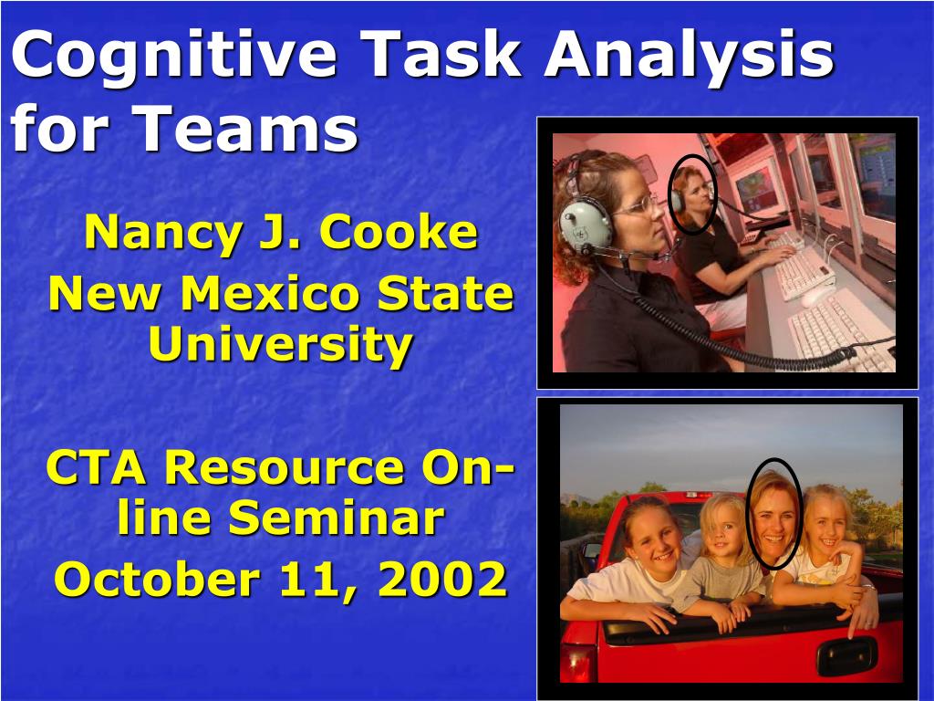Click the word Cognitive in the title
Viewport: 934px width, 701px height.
coord(173,57)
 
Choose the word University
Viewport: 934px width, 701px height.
coord(281,344)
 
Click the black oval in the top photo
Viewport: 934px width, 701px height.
coord(692,194)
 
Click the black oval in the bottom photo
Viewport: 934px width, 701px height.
coord(774,514)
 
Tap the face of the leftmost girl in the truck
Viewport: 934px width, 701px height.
coord(653,536)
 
